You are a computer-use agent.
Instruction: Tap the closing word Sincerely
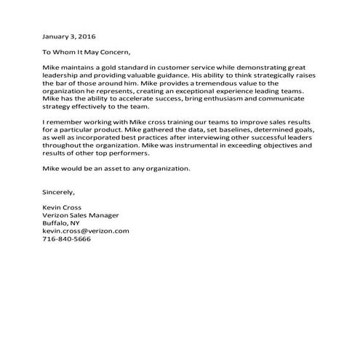pos(60,192)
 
